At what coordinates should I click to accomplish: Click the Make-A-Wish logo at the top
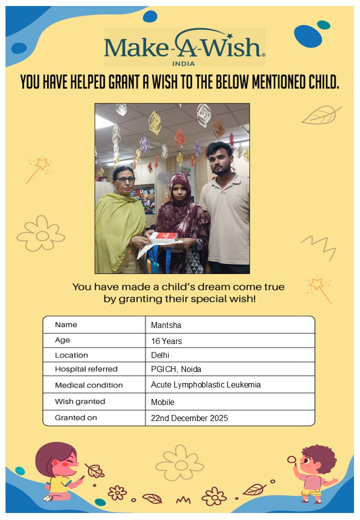184,45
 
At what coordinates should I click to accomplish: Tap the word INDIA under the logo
183,63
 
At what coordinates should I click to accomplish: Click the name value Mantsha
166,325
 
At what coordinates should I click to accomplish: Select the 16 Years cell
166,341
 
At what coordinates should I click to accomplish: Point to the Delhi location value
160,355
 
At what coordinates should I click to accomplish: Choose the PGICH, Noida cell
176,369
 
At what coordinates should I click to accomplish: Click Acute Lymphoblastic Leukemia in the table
205,385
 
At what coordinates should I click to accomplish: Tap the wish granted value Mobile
162,402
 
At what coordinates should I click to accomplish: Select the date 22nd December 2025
189,418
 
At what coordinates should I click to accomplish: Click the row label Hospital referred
86,369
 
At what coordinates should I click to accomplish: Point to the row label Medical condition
88,385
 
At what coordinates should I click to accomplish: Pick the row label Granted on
76,417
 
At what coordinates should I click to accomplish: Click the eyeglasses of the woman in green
125,179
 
